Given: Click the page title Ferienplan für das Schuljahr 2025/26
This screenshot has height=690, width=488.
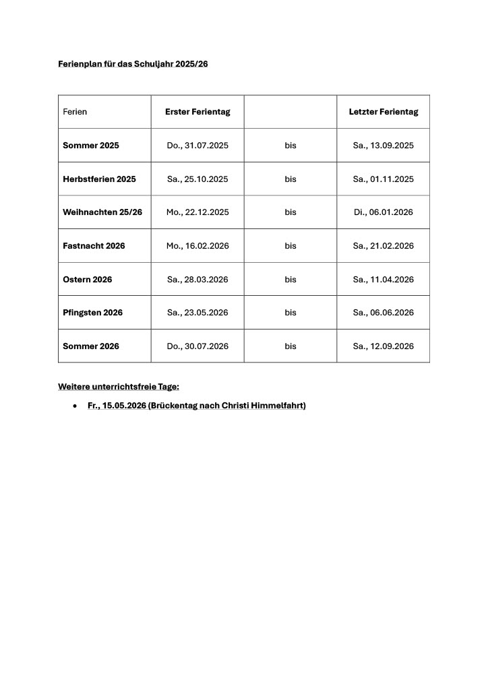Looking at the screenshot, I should (133, 64).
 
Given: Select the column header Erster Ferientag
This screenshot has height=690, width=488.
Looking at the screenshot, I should (197, 112).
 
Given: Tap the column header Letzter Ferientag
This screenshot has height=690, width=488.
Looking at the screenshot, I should (383, 112).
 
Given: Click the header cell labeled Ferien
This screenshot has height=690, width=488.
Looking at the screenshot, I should (75, 112).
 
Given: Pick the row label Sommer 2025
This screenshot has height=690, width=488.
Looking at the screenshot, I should (91, 146).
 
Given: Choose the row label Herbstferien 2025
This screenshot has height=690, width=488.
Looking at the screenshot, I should (99, 179).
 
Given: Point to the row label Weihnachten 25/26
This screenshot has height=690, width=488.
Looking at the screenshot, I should (102, 212).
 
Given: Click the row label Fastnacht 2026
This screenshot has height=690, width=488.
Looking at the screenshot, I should (94, 246).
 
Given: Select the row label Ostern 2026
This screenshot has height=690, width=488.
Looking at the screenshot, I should (88, 280).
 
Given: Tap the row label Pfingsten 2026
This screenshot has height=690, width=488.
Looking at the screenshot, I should (93, 313).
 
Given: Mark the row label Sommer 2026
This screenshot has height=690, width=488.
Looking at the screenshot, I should (91, 346).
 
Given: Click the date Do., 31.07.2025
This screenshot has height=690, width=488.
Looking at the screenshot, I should (197, 146).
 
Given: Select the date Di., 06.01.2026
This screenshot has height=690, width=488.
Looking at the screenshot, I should (383, 212).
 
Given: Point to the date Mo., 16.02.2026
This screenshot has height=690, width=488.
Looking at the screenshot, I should (197, 246).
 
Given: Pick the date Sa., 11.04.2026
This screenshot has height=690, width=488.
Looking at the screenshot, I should (383, 280).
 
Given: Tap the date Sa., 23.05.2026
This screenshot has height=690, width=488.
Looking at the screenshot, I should (197, 313).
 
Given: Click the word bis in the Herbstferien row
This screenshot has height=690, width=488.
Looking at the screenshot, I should (291, 179).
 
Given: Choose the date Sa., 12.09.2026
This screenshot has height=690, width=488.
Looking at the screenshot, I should (383, 346).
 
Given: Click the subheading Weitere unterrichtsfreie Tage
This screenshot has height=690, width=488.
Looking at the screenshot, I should (119, 387).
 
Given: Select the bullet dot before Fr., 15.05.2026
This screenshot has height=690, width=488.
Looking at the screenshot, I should (75, 406).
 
